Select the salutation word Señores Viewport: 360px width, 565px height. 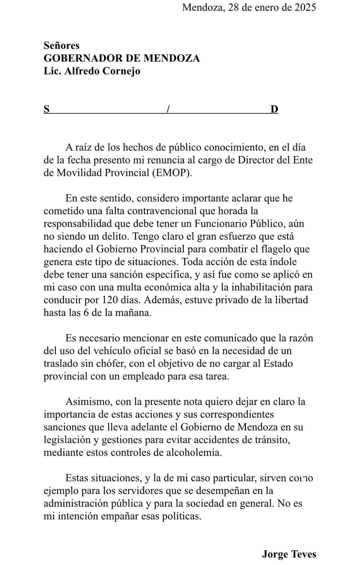tap(61, 45)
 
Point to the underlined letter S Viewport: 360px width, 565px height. tap(47, 109)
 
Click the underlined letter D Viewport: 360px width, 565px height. tap(274, 109)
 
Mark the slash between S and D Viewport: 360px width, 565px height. tap(168, 109)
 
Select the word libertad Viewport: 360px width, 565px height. tap(290, 300)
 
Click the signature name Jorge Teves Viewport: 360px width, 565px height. tap(289, 554)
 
